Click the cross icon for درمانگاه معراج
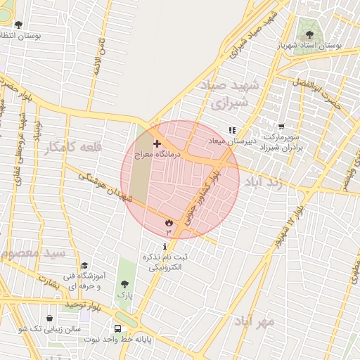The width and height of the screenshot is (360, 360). pos(156,143)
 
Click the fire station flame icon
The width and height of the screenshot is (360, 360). pos(169,222)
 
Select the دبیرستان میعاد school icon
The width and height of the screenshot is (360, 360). pos(233,130)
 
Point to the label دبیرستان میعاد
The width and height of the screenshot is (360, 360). pos(231,141)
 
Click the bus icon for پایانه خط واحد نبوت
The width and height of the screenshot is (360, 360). pos(117,328)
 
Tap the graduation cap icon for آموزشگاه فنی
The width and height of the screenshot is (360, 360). pos(85,266)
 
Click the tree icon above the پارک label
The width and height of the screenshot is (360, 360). pos(124,285)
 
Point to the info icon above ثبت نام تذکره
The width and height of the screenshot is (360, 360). pos(165,247)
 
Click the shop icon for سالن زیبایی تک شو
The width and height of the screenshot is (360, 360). pos(49,318)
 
